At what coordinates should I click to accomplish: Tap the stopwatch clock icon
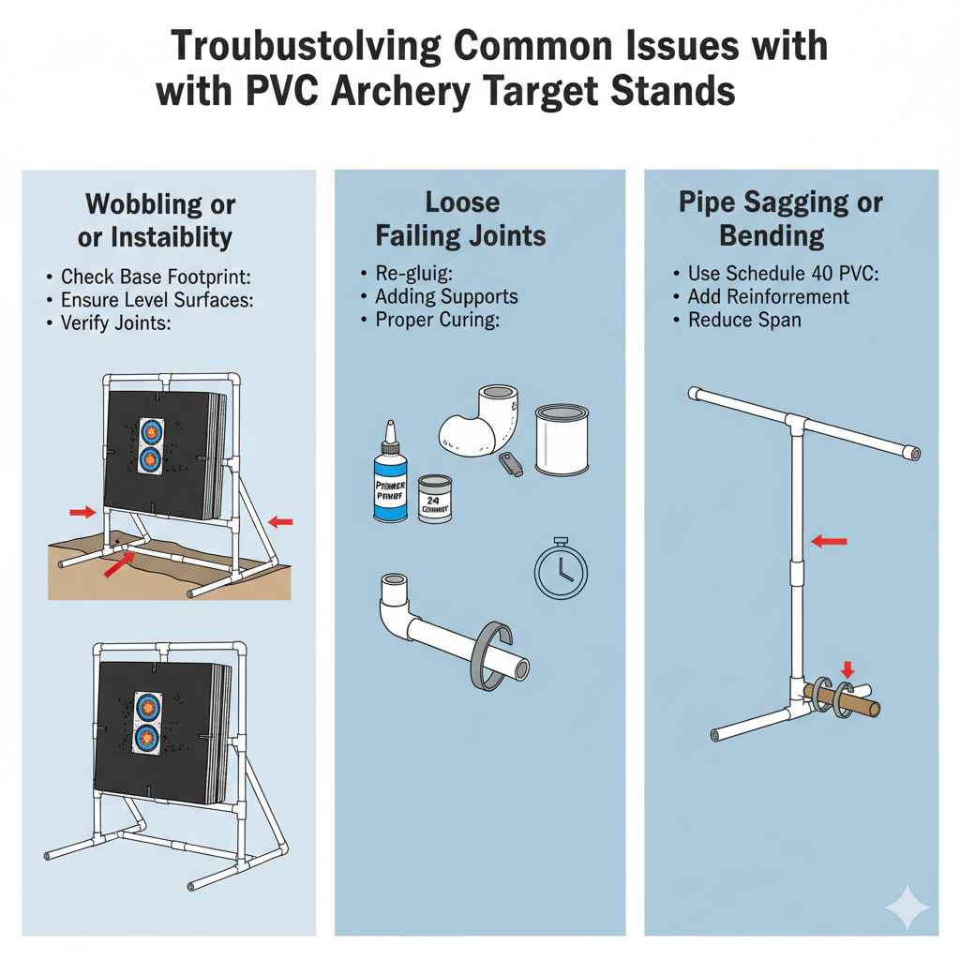coord(560,568)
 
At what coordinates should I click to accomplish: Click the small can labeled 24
coord(434,498)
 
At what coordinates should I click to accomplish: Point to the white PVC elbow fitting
coord(479,418)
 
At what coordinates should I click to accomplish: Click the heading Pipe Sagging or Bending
coord(780,218)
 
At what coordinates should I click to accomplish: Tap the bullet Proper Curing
coord(436,320)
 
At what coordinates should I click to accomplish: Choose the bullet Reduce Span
coord(743,320)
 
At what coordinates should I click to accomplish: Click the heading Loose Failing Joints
coord(461,218)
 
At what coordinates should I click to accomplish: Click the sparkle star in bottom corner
coord(907,908)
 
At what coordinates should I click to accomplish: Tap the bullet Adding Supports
coord(446,296)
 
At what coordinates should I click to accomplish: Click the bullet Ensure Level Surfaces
coord(157,300)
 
